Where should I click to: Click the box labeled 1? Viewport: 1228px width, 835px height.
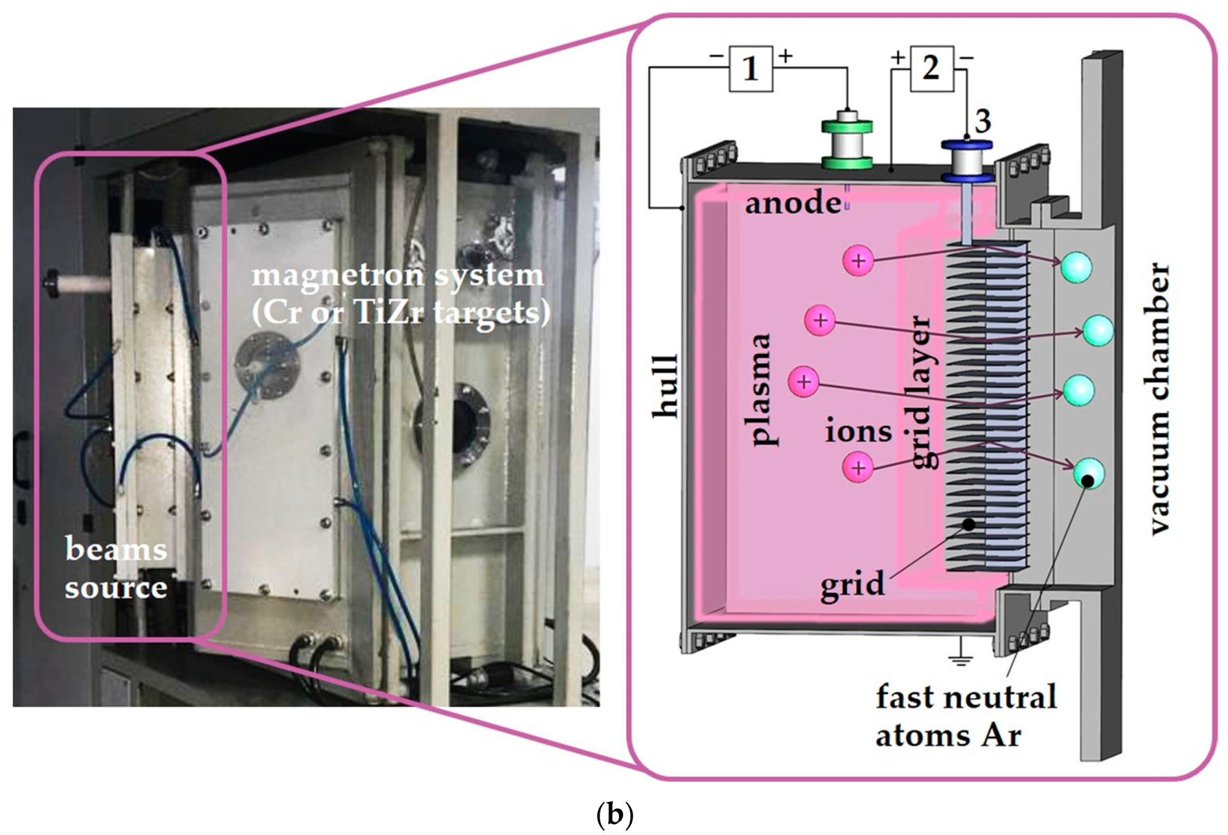point(750,69)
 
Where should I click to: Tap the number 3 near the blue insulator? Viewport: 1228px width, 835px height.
point(982,122)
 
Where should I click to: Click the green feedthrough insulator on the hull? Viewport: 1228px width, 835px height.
point(847,143)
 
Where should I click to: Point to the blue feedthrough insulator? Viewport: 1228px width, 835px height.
point(967,161)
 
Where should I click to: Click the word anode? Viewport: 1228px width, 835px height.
point(793,204)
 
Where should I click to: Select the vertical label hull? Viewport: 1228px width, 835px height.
point(665,386)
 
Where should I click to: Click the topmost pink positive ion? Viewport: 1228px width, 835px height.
point(858,260)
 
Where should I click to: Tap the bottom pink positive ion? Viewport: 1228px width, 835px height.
point(858,468)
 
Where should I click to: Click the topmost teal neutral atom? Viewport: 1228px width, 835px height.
point(1077,267)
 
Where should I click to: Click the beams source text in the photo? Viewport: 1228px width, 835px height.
point(116,568)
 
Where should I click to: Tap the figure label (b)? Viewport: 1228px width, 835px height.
point(614,815)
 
